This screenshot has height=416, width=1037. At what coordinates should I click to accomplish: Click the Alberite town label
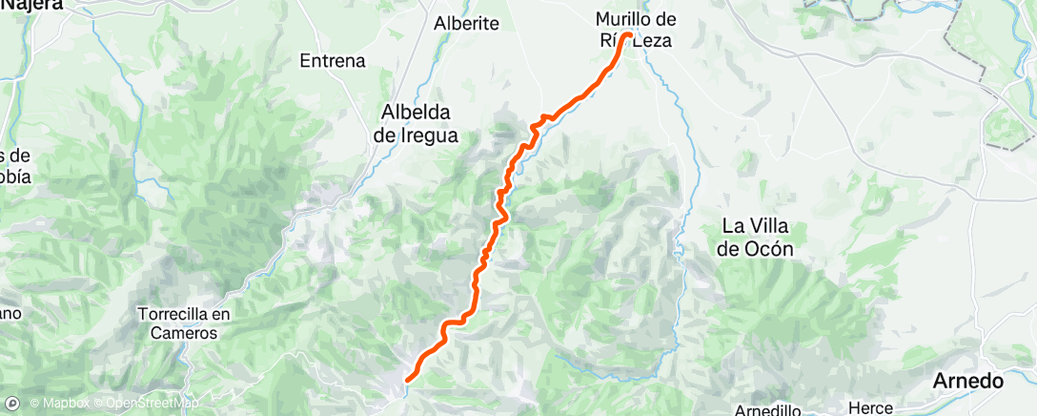tap(466, 24)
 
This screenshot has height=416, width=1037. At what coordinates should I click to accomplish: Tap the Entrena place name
tap(333, 61)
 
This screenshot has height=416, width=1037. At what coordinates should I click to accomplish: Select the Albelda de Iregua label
tap(416, 123)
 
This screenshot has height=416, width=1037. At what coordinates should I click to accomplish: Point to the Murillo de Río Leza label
tap(635, 30)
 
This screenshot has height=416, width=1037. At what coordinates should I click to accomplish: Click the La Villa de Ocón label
tap(761, 238)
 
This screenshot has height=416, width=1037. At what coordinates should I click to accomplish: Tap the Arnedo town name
tap(969, 382)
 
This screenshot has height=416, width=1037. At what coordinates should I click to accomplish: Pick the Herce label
tap(870, 407)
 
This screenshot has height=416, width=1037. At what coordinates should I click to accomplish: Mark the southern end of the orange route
tap(407, 381)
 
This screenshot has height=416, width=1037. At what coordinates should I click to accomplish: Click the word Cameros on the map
tap(184, 334)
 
